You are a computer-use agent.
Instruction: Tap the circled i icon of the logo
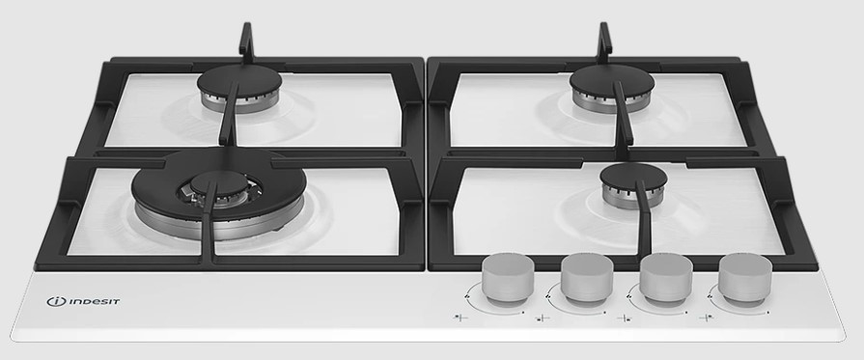coord(56,301)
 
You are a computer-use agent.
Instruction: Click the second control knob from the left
coord(587,280)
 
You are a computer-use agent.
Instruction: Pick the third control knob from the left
coord(666,280)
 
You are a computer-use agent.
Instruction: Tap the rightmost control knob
coord(745,280)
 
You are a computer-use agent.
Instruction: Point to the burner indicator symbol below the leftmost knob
coord(460,318)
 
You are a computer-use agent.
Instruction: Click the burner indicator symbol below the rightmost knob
coord(707,318)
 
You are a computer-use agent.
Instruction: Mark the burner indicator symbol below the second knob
coord(543,318)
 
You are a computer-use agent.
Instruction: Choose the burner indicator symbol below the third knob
coord(625,318)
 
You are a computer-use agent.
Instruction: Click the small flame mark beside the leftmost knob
coord(468,297)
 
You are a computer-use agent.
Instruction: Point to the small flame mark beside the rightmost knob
coord(711,297)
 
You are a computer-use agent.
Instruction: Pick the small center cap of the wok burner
coord(219,182)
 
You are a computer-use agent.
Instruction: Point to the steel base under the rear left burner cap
coord(239,103)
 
